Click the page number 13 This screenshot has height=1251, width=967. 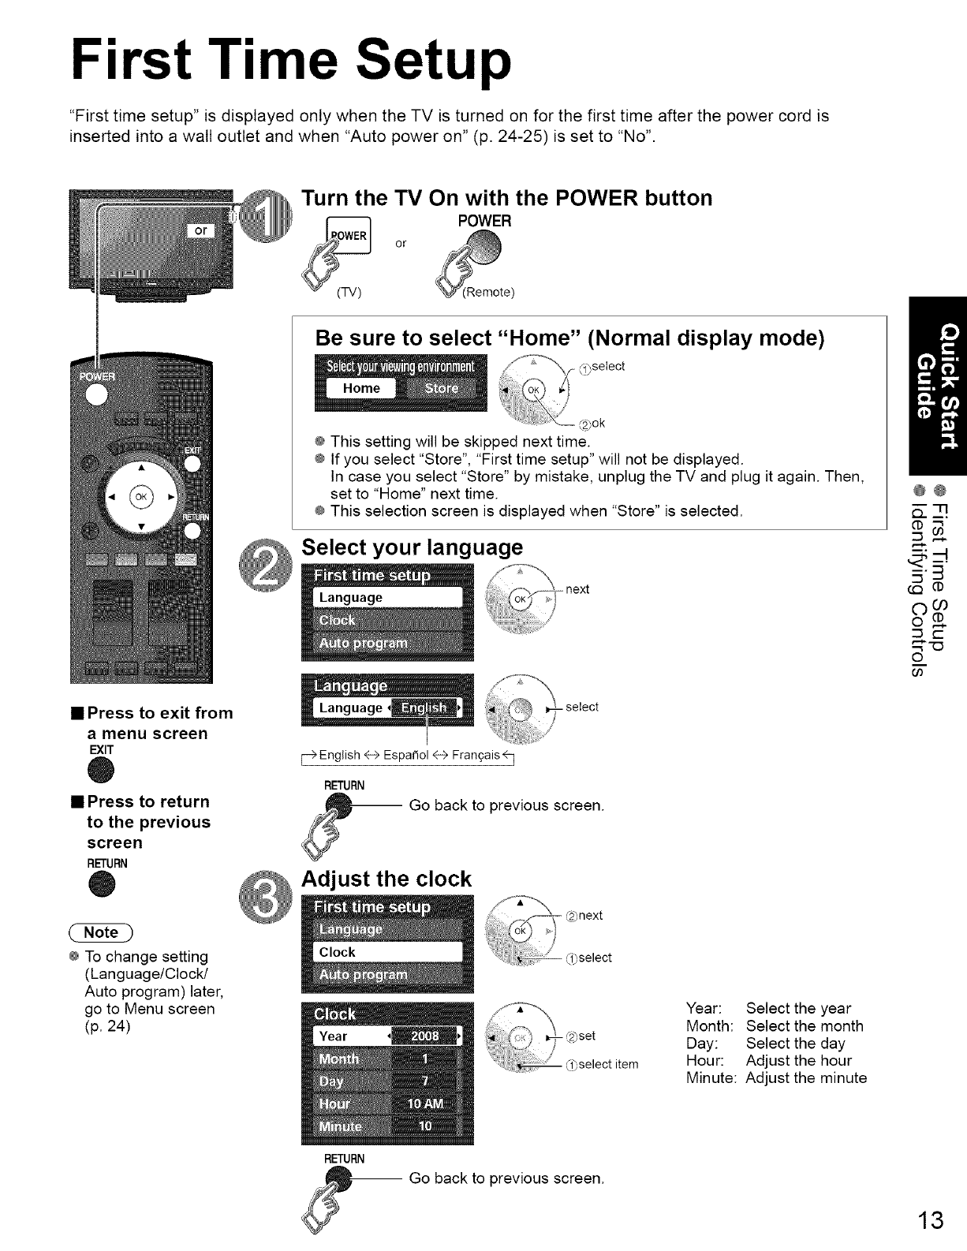coord(930,1220)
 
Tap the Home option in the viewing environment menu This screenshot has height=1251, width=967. coord(361,388)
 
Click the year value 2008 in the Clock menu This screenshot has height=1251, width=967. coord(425,1036)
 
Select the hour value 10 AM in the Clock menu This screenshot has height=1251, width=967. coord(425,1103)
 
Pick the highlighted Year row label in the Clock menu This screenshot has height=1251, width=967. coord(334,1036)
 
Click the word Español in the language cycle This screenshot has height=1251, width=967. coord(405,755)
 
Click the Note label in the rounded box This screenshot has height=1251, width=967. coord(101,932)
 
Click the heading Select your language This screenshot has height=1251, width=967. coord(413,547)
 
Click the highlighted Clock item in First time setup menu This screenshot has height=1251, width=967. coord(338,952)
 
